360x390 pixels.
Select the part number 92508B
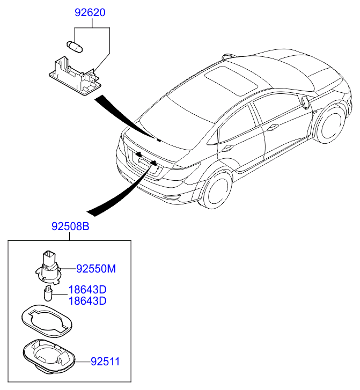70,227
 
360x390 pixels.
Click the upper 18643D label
87,290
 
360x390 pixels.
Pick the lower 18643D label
87,301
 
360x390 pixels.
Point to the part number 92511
105,362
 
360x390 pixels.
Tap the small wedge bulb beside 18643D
48,294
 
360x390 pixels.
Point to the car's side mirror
306,102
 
